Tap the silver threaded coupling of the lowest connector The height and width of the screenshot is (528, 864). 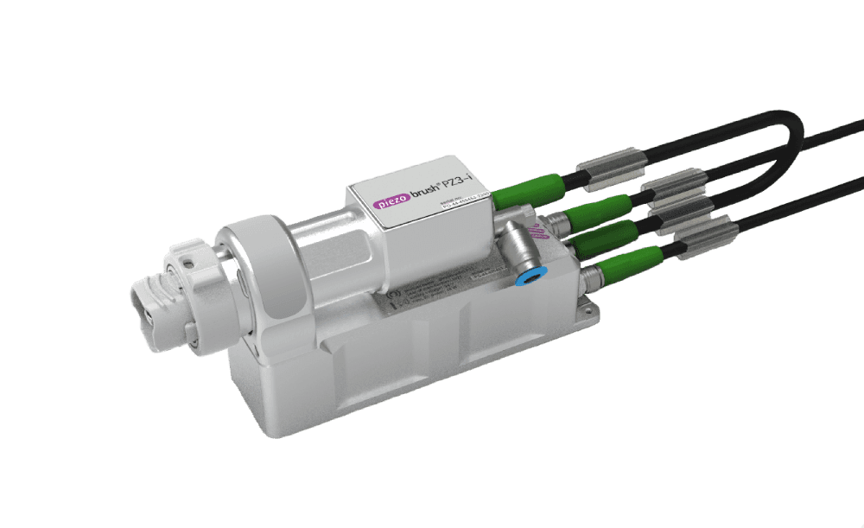pyautogui.click(x=593, y=279)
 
